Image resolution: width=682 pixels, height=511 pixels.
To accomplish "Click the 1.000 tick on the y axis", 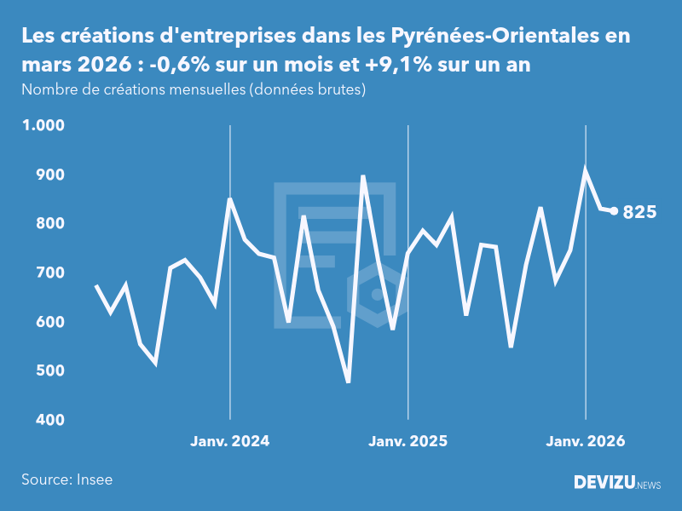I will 43,125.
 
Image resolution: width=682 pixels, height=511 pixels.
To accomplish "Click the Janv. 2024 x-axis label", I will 229,441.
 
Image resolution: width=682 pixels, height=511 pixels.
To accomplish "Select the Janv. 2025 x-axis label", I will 407,441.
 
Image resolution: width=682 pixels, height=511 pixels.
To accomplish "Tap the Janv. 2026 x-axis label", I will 585,441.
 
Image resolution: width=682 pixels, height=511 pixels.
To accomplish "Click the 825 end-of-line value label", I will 639,213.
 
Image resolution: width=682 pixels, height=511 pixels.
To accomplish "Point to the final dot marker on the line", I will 614,211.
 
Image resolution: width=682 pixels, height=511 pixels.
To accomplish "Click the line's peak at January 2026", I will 585,169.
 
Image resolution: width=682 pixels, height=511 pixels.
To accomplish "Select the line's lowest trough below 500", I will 348,382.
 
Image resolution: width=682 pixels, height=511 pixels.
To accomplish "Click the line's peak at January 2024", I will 229,199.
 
